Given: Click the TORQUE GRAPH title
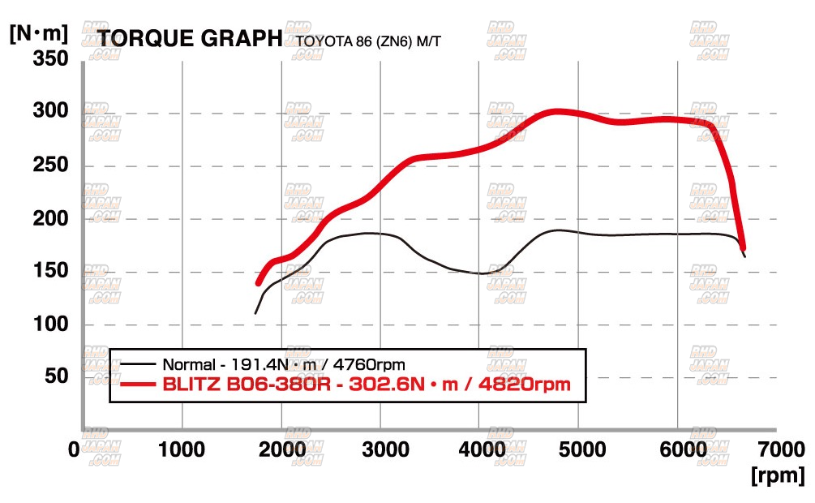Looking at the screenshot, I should tap(190, 38).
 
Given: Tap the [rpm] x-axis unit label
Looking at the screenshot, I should tap(778, 474).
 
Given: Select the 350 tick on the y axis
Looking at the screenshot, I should tap(50, 60).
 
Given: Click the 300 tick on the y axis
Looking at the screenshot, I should tap(50, 111).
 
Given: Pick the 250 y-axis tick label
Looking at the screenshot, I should tap(50, 166).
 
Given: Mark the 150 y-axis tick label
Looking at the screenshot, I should tap(50, 271).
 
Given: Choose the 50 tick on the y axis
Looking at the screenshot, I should tap(57, 376).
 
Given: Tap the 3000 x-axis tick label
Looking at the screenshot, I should tap(380, 449).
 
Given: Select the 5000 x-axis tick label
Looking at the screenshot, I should tap(578, 449).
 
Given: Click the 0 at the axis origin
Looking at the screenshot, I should tap(75, 449).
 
